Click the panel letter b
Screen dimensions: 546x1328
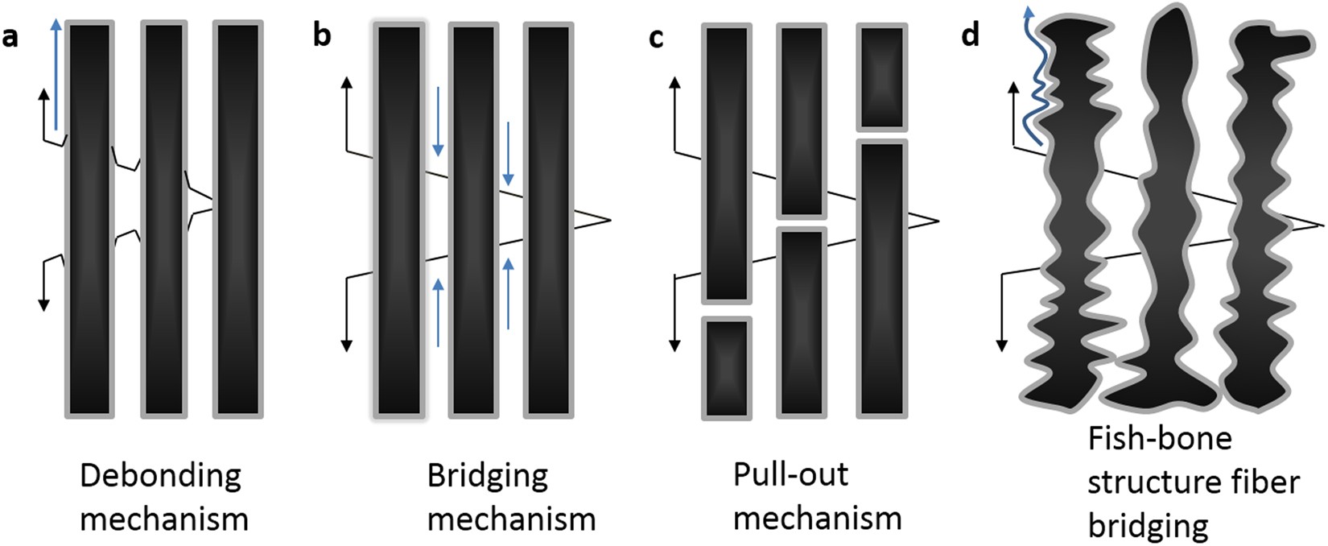click(x=322, y=36)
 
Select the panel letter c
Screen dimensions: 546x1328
click(x=657, y=37)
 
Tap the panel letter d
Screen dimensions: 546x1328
click(x=971, y=36)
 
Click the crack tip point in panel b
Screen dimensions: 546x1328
click(x=610, y=219)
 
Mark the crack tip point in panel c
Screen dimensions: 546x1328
click(x=938, y=219)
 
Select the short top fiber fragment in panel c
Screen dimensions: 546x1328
click(x=882, y=77)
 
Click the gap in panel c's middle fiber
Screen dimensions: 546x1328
click(x=801, y=223)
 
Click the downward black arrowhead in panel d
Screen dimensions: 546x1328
click(x=1002, y=345)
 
